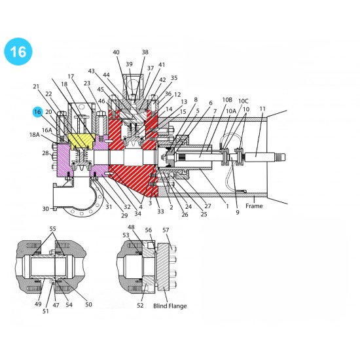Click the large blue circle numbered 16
pos(18,52)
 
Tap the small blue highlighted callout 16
pos(37,112)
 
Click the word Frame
pos(254,206)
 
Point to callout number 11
pos(262,109)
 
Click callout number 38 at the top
pos(145,52)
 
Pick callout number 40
pos(116,52)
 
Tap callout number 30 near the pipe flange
pos(45,209)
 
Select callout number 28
pos(45,153)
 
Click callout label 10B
pos(227,100)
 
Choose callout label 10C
pos(243,101)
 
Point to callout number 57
pos(166,230)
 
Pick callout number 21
pos(35,86)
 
